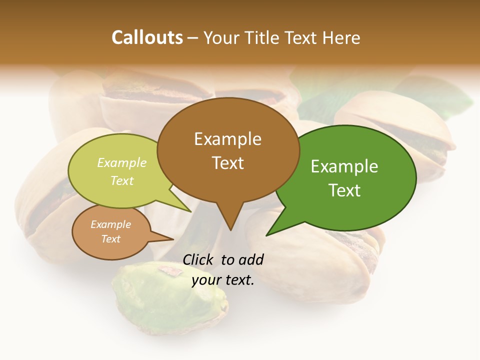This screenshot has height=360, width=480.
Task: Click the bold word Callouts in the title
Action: click(147, 37)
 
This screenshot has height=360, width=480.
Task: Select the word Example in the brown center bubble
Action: click(227, 139)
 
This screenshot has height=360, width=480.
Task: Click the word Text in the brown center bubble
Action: click(227, 163)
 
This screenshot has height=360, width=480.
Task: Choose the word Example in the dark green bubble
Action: click(344, 166)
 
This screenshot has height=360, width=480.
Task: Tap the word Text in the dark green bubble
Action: click(344, 190)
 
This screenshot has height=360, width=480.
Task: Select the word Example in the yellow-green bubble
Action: click(122, 163)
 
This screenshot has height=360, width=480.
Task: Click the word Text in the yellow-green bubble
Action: click(122, 180)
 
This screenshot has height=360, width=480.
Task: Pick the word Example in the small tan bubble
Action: click(110, 224)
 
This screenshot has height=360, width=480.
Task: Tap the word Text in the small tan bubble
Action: click(110, 239)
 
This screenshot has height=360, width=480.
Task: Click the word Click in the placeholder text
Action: click(199, 259)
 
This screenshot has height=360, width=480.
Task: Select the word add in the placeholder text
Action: click(251, 259)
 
